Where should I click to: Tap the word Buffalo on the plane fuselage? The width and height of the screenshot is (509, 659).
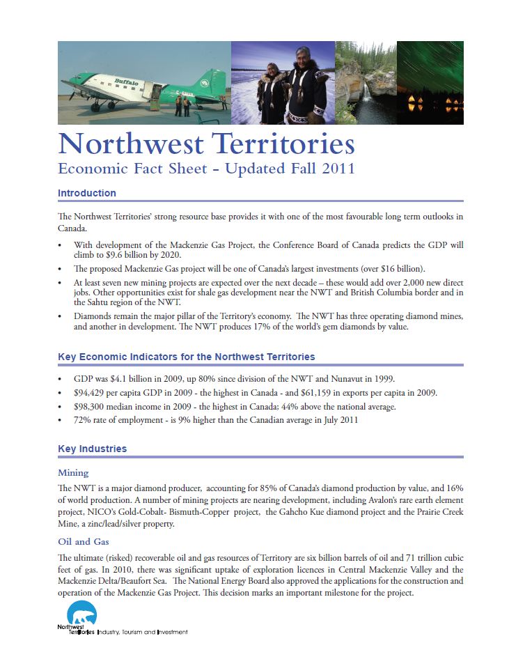(x=127, y=84)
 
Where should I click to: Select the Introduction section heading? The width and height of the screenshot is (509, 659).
(x=86, y=193)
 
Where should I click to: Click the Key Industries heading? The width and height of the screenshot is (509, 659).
(x=92, y=449)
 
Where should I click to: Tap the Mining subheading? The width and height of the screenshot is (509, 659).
(x=73, y=473)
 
